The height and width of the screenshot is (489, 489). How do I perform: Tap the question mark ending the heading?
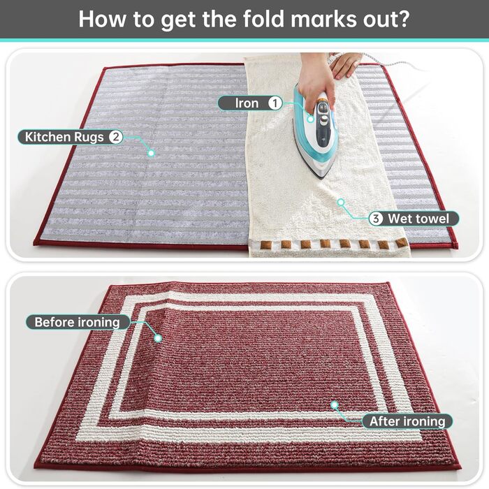click(x=403, y=19)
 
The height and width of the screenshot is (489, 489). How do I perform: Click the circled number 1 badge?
click(x=275, y=103)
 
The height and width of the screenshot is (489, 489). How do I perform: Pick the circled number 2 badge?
click(x=115, y=137)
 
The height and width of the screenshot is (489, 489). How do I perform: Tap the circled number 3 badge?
click(x=376, y=219)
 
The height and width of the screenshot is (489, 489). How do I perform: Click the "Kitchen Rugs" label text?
click(x=64, y=137)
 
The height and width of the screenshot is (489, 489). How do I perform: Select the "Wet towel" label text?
click(x=418, y=219)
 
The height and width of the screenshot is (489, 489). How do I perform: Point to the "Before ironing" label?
click(x=78, y=322)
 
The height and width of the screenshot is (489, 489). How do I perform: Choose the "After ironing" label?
click(x=407, y=421)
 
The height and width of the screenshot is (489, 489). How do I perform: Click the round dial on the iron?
click(x=324, y=119)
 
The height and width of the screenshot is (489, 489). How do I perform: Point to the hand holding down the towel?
click(x=344, y=64)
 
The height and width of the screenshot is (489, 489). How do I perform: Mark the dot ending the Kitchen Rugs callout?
click(x=152, y=153)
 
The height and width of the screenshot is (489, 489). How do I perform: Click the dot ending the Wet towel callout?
click(x=341, y=202)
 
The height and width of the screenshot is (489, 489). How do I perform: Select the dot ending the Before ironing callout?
click(x=158, y=338)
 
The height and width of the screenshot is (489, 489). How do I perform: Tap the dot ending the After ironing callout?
click(x=335, y=404)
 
